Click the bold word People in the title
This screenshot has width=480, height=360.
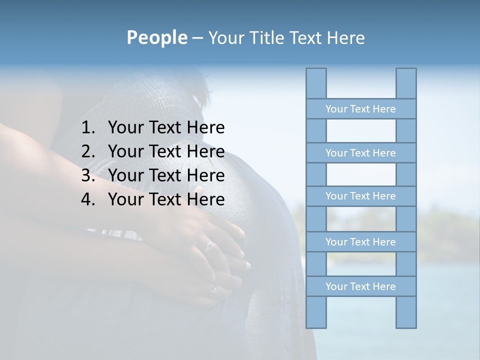click(156, 37)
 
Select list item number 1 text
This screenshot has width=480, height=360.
click(166, 127)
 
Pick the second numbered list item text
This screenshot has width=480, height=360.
click(166, 151)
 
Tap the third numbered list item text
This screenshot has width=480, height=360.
click(166, 175)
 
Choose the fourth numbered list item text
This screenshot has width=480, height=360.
click(166, 199)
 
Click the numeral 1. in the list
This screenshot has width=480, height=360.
click(88, 127)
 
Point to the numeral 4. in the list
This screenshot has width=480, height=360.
click(88, 199)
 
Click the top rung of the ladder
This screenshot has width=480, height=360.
click(360, 108)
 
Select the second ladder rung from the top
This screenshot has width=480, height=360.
click(360, 152)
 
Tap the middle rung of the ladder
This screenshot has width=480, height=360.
click(360, 196)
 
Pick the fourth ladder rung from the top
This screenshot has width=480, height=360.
click(360, 241)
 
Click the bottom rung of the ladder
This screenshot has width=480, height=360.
click(360, 286)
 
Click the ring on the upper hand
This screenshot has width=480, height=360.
click(210, 245)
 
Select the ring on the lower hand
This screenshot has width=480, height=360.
click(213, 290)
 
